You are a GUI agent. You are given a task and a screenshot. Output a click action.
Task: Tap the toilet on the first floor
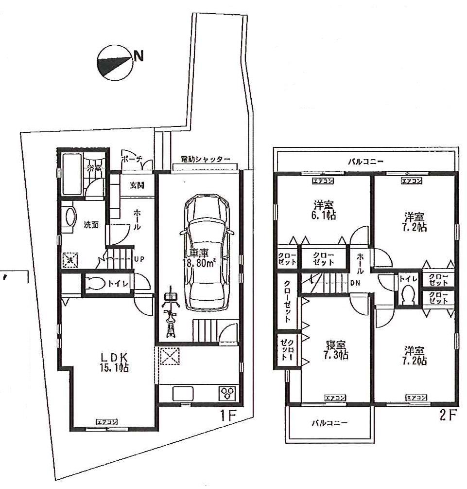coord(96,284)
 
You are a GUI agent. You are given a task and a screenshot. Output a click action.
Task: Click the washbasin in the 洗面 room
coord(69,216)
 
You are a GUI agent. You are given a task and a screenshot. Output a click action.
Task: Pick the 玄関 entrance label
coord(137,185)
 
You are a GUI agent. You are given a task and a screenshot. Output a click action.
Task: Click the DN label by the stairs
coord(354,282)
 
